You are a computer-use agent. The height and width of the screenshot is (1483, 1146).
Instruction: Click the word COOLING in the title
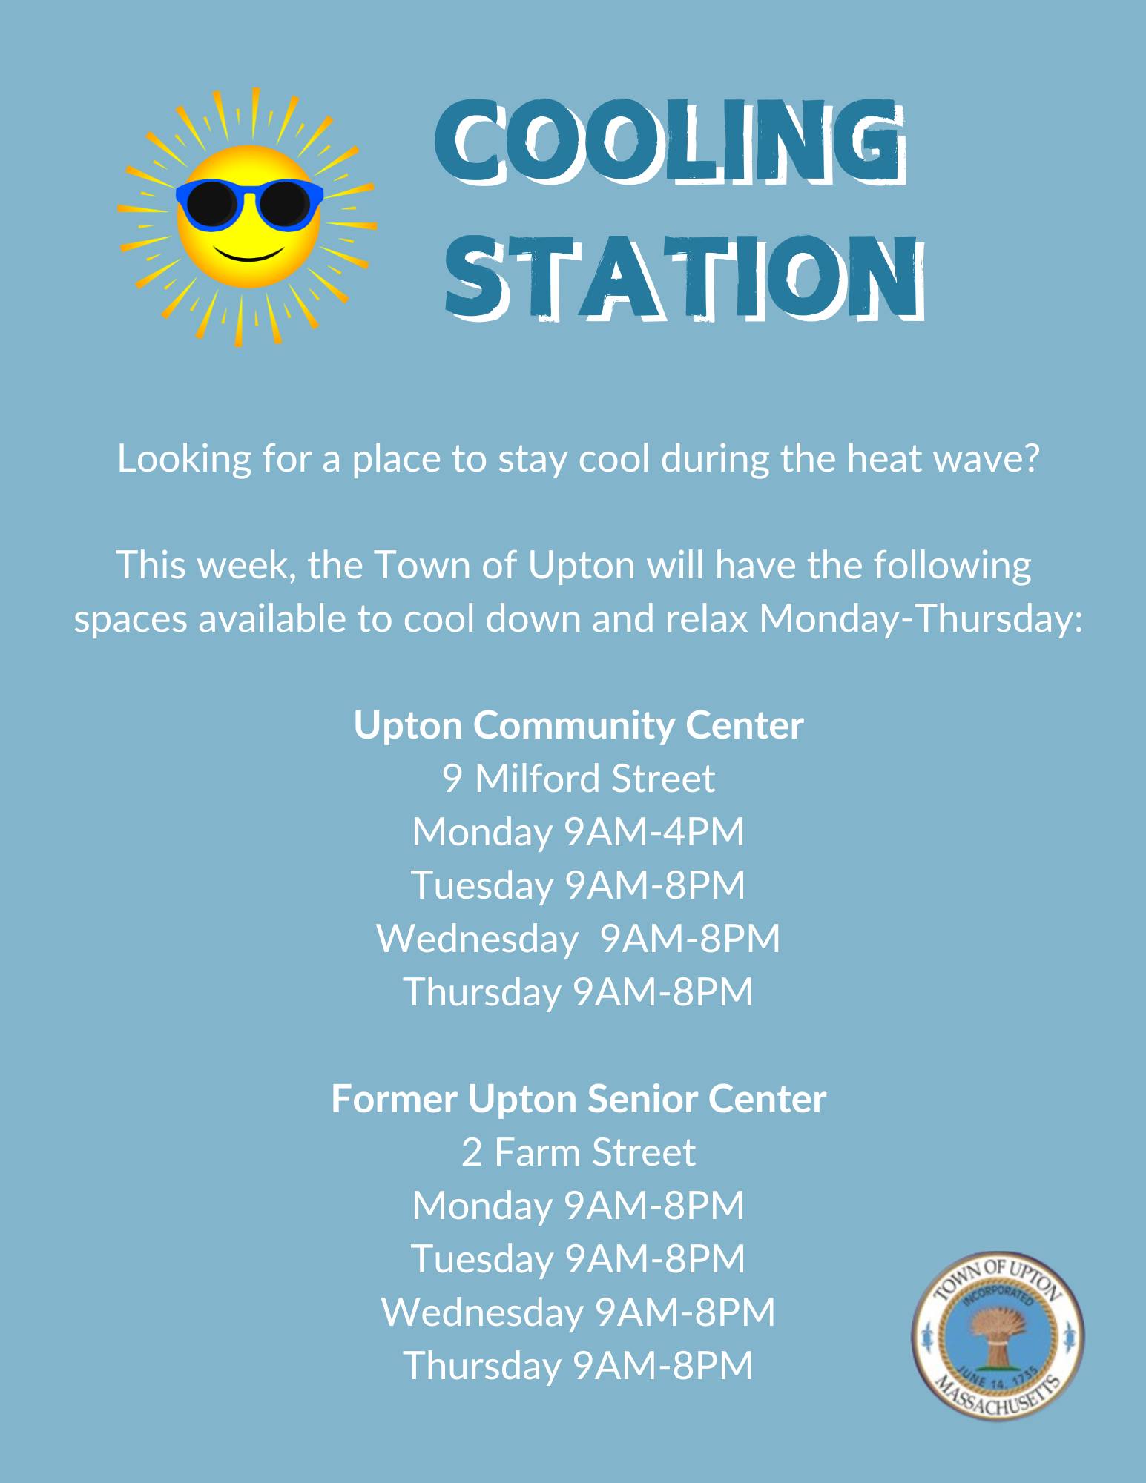point(670,143)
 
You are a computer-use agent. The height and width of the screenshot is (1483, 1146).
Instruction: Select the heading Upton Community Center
point(579,725)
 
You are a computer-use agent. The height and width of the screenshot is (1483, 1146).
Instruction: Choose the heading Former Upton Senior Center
point(579,1099)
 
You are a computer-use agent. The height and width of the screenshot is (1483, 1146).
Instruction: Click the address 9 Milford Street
point(579,779)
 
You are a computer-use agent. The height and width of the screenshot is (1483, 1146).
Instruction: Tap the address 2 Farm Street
point(579,1152)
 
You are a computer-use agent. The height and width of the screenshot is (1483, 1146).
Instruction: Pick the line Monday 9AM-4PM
point(579,832)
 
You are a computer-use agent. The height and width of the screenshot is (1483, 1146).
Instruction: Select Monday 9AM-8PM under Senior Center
point(579,1206)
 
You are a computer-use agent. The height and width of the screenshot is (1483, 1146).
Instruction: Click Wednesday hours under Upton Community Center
point(579,939)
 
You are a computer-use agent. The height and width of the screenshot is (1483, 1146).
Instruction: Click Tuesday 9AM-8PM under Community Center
point(579,885)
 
